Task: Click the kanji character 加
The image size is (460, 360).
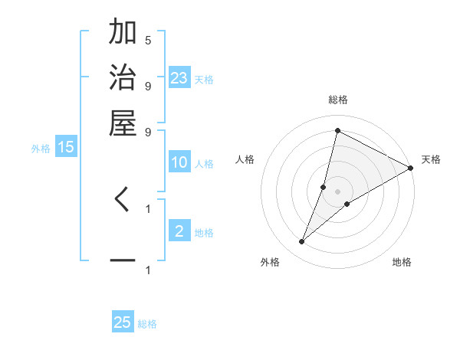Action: pos(123,34)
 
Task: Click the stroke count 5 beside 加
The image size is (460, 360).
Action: pos(148,40)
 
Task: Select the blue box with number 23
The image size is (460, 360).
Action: pos(179,77)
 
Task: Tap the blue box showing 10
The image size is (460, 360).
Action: pos(179,162)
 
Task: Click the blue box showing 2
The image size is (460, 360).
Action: pos(179,231)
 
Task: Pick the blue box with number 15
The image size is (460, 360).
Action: pos(66,147)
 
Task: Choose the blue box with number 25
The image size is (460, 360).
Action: pos(123,322)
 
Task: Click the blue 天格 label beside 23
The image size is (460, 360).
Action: pos(204,79)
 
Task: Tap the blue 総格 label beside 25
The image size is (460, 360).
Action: pos(147,324)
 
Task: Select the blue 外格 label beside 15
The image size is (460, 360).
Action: pos(41,149)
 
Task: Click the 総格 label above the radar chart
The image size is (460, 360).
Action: pos(337,100)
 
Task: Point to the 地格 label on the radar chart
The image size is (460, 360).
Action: pos(402,263)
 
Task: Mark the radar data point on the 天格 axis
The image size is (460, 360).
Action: pos(411,168)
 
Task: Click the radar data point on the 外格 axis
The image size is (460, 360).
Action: pos(302,242)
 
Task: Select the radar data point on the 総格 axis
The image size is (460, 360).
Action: pos(337,130)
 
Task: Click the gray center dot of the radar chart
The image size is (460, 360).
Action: pos(337,191)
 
